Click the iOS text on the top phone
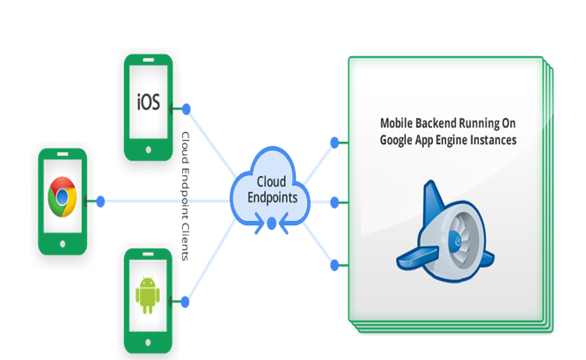click(x=148, y=102)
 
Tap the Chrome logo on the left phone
click(x=62, y=197)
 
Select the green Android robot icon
click(x=148, y=296)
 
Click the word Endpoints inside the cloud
click(x=271, y=198)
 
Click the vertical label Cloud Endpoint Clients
click(x=186, y=195)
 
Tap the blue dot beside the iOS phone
click(x=186, y=108)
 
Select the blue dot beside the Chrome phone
click(x=100, y=202)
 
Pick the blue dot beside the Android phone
click(x=186, y=302)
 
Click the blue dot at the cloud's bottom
click(x=272, y=224)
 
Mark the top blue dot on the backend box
click(x=333, y=142)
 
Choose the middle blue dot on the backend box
click(x=333, y=202)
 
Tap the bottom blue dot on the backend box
click(x=333, y=264)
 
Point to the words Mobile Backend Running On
click(x=447, y=123)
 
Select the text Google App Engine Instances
click(x=447, y=139)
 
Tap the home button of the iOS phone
click(x=148, y=150)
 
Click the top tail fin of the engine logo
click(x=431, y=195)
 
